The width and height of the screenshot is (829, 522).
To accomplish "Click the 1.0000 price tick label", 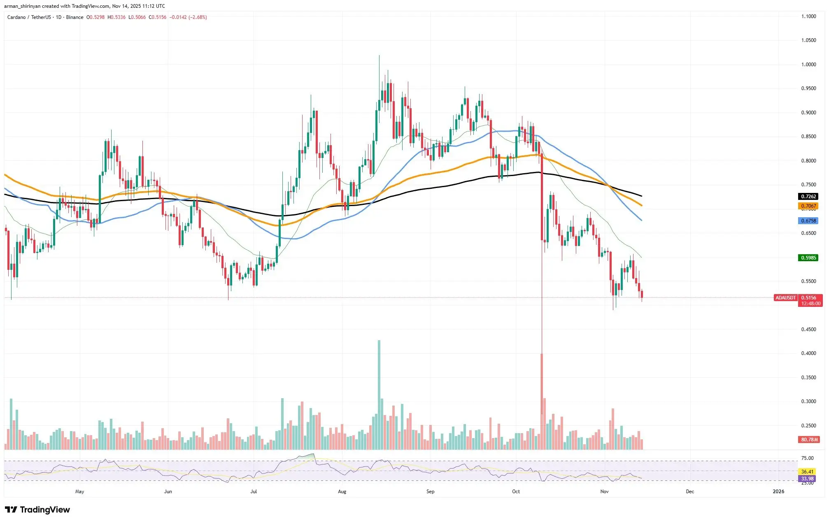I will pyautogui.click(x=808, y=65).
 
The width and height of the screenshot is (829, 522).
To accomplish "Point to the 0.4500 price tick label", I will pyautogui.click(x=808, y=329).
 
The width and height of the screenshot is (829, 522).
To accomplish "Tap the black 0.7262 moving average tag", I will pyautogui.click(x=808, y=197).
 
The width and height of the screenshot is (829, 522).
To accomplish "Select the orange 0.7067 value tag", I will pyautogui.click(x=808, y=206).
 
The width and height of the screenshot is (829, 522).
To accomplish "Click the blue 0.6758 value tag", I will pyautogui.click(x=808, y=221).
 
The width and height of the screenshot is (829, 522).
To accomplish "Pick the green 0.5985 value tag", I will pyautogui.click(x=808, y=258).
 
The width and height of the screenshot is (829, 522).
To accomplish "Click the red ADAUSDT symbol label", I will pyautogui.click(x=785, y=298).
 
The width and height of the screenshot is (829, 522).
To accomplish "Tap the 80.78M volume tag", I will pyautogui.click(x=809, y=440).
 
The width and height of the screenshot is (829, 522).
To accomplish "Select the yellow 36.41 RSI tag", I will pyautogui.click(x=807, y=472).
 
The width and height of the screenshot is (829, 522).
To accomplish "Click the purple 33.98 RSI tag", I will pyautogui.click(x=807, y=479).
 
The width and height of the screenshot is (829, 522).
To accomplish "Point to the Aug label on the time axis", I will pyautogui.click(x=342, y=492).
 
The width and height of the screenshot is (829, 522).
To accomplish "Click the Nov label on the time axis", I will pyautogui.click(x=604, y=492).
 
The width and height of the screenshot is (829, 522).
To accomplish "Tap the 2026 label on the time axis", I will pyautogui.click(x=778, y=492).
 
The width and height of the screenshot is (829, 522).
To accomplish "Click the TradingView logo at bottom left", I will pyautogui.click(x=38, y=510).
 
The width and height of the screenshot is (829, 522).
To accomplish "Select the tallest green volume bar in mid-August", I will pyautogui.click(x=379, y=395).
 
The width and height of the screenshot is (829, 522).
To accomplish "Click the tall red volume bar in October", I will pyautogui.click(x=542, y=401).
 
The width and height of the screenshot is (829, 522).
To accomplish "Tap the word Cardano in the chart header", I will pyautogui.click(x=16, y=17).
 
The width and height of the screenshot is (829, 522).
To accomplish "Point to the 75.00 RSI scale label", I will pyautogui.click(x=807, y=458).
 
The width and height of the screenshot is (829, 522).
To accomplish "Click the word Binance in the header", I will pyautogui.click(x=75, y=17).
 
